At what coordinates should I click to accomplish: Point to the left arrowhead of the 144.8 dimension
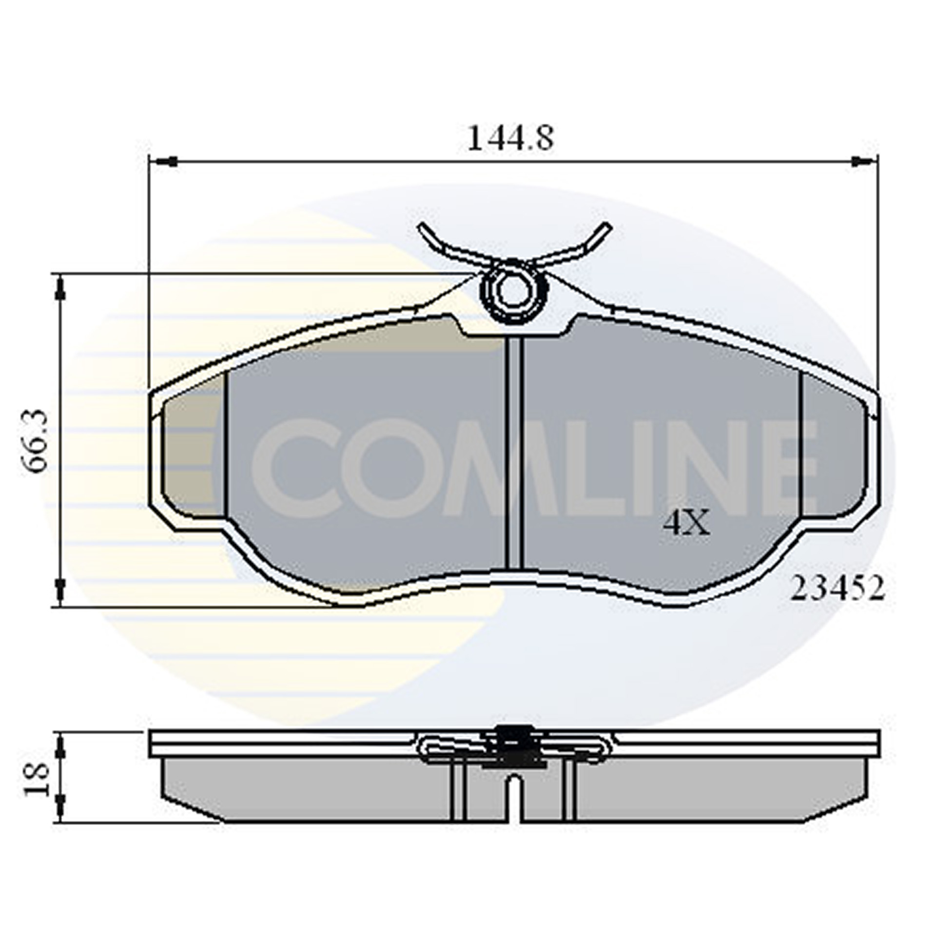point(166,161)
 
